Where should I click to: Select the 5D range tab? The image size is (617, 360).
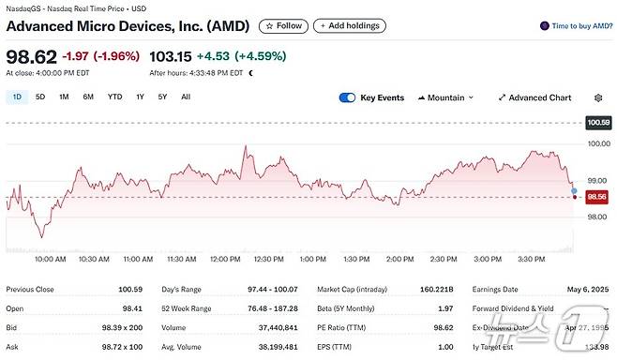40,97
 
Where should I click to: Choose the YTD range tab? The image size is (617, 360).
114,97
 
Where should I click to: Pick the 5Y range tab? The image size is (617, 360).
162,97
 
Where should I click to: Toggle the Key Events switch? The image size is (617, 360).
347,97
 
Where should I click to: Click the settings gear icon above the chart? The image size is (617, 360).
598,97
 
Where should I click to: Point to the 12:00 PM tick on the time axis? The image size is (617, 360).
224,259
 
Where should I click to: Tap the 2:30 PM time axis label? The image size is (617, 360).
444,259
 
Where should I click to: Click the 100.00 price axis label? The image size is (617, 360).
597,143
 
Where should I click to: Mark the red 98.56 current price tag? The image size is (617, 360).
597,197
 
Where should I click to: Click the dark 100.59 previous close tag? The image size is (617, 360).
597,123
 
